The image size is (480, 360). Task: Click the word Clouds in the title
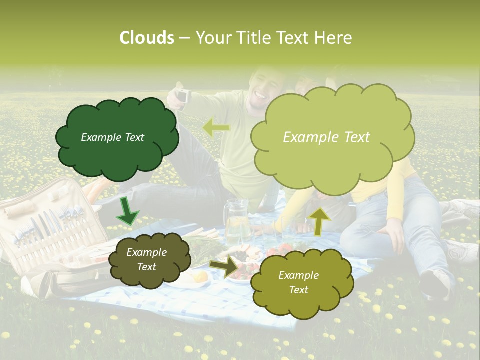click(146, 38)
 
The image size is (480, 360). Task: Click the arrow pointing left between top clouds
click(216, 128)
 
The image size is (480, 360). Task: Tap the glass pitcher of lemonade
click(237, 222)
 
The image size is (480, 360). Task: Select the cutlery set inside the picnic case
click(50, 225)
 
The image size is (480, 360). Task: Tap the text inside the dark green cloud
click(112, 137)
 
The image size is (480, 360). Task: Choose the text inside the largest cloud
click(326, 137)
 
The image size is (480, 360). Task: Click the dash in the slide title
click(184, 38)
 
